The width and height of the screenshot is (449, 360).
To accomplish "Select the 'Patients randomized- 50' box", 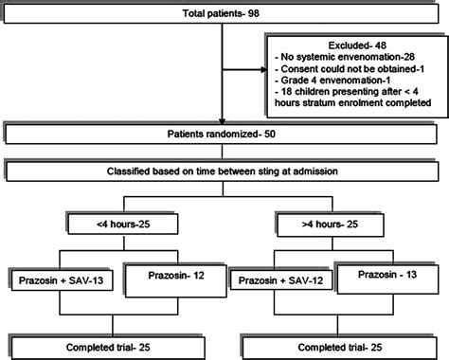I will coord(224,134).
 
